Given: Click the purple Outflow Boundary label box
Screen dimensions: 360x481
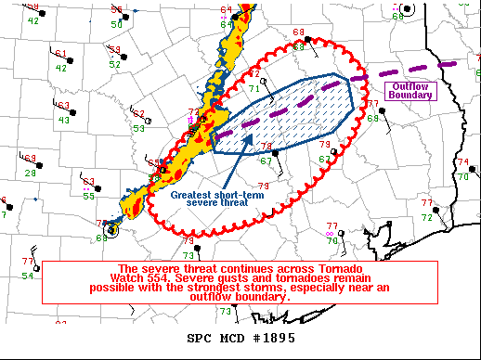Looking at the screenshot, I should coord(409,90).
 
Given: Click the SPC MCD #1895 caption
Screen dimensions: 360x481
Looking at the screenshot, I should coord(240,337).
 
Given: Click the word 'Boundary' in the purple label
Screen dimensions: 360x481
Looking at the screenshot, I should coord(410,95).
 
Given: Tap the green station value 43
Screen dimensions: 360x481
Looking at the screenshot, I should coord(63,120).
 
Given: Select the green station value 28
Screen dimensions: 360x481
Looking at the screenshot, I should coord(31,173).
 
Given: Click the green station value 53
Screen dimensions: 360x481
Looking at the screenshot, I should coord(139,128).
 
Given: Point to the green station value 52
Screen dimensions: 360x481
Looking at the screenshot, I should coord(114,65).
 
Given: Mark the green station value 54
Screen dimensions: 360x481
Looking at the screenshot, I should coord(28,276).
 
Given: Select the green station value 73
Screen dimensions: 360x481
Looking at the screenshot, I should coord(188,255).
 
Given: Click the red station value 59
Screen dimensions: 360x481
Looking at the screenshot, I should coord(115,49).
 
